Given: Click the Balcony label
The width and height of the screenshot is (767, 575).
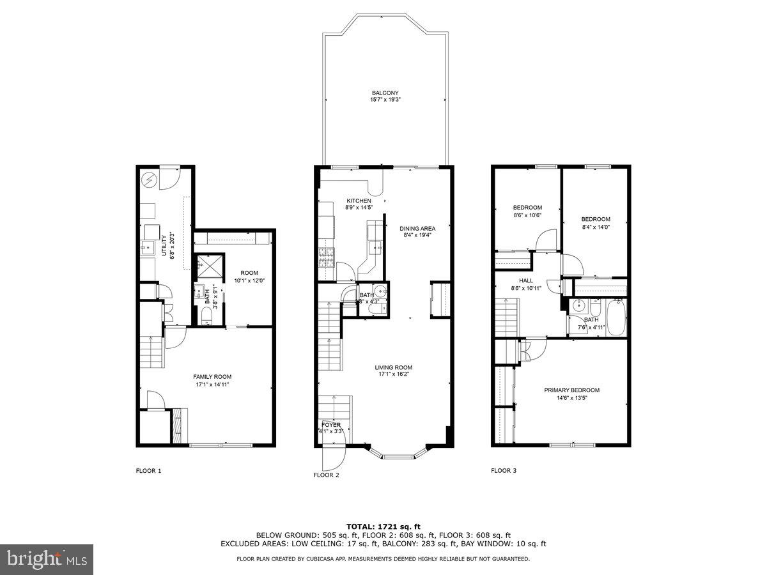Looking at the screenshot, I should (x=385, y=93).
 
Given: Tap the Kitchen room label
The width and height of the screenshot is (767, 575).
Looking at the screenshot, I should (x=359, y=201).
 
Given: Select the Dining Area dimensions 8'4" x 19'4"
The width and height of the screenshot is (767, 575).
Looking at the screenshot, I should (x=417, y=235).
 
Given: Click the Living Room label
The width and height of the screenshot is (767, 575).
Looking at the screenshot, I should (x=393, y=367).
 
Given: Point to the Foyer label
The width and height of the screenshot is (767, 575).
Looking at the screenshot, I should (x=331, y=424).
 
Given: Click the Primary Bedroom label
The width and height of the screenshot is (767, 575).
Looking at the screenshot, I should (x=571, y=390).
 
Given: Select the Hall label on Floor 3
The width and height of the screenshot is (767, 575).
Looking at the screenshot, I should (x=527, y=280).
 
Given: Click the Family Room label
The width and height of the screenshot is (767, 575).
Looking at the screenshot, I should (x=213, y=377).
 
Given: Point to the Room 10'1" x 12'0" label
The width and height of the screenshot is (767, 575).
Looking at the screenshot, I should (x=245, y=273).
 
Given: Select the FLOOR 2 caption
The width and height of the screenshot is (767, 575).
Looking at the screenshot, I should (x=327, y=475).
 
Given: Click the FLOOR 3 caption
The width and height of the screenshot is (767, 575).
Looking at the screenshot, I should (x=504, y=471).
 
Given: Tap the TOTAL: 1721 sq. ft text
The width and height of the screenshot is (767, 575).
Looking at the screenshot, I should (x=383, y=526).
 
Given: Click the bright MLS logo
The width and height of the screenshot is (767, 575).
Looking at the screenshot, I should (x=47, y=560).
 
